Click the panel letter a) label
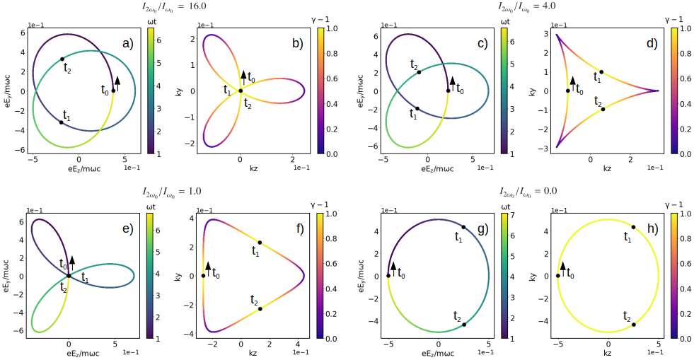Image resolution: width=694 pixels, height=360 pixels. pos(128,43)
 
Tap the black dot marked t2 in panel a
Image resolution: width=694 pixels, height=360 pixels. pos(62,59)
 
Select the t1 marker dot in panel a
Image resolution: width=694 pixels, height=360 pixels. pos(62,122)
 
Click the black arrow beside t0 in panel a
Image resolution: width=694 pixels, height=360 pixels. pos(117,83)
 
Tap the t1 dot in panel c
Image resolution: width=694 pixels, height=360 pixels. pos(417,108)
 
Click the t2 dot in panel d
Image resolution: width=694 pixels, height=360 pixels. pos(603,109)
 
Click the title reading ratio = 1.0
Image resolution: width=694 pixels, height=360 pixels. pos(174,192)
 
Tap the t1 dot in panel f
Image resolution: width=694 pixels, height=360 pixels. pos(260,243)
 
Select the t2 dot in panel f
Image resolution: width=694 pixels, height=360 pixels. pos(260,308)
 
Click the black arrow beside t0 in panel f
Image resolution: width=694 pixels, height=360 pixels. pos(208,268)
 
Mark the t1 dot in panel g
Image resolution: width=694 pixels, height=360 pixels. pos(463,227)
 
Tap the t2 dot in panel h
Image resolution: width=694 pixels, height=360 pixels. pos(633,325)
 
